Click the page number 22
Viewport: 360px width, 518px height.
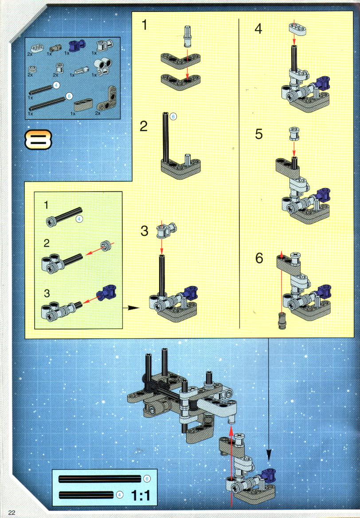(12, 512)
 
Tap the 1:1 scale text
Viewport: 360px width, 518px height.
(141, 495)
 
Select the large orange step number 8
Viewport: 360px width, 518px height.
(38, 139)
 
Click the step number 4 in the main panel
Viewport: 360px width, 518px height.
(258, 29)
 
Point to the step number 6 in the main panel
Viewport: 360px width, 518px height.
(259, 259)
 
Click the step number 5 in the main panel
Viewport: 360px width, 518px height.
(259, 134)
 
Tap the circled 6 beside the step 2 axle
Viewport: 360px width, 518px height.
(173, 116)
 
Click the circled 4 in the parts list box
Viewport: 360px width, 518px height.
(56, 85)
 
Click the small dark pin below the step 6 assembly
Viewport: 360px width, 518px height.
(282, 321)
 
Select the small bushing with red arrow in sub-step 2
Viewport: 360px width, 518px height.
(106, 245)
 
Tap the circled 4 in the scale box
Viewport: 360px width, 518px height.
(120, 495)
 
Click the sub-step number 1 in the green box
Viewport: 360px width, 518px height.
(46, 205)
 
